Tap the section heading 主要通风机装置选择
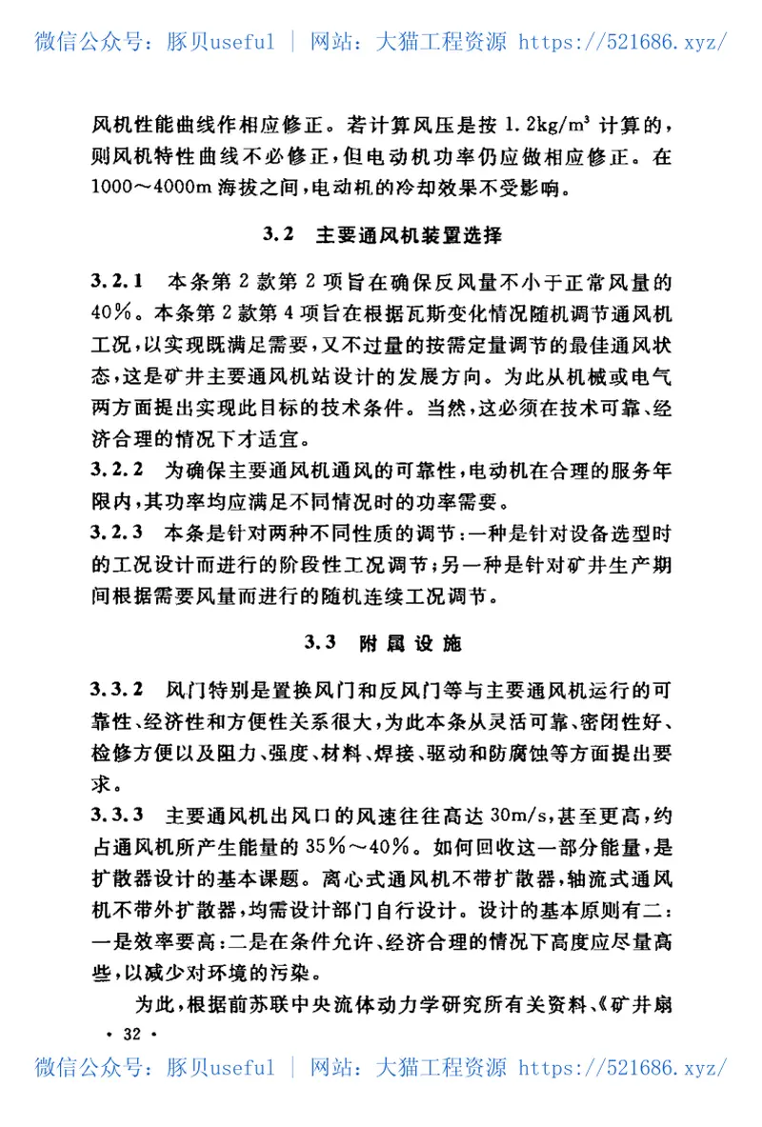pos(409,233)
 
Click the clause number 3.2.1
pos(117,281)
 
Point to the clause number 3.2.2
pos(117,470)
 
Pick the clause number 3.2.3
pos(117,532)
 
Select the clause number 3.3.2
pos(117,689)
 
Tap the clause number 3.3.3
pos(117,815)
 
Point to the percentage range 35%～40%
pos(358,847)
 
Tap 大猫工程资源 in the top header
pos(444,42)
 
